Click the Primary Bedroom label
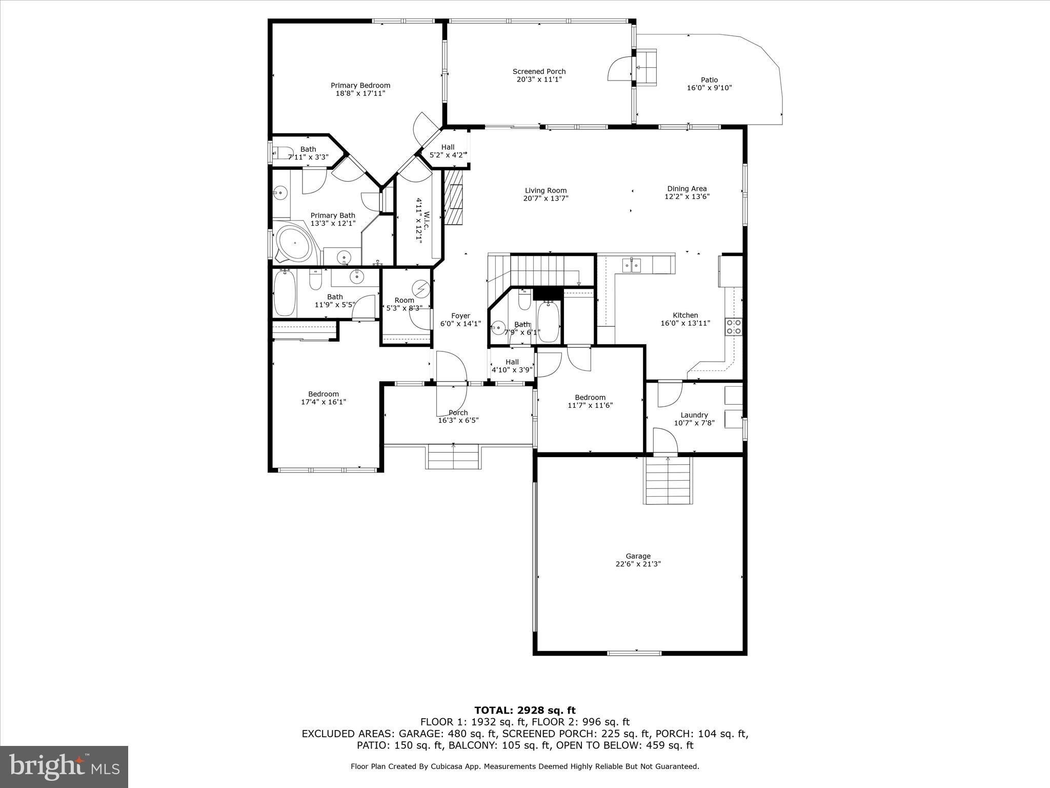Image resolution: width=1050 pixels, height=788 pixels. [x=360, y=86]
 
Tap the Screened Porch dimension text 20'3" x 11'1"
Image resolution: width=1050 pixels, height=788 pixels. [x=539, y=80]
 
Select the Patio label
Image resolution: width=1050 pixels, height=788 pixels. [x=709, y=80]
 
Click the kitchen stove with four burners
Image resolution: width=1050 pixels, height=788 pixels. [x=733, y=327]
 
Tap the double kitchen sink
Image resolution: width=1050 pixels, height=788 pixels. [x=632, y=265]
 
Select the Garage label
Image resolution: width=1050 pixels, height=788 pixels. [x=638, y=556]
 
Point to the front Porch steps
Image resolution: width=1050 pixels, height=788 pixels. [x=453, y=457]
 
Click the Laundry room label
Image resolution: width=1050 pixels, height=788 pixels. [x=694, y=415]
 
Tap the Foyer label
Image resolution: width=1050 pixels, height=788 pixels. [x=460, y=316]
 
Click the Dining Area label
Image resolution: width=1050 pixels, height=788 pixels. [x=686, y=189]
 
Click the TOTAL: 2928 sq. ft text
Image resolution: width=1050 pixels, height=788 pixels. [x=524, y=711]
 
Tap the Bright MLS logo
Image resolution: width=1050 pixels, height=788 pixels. [x=64, y=766]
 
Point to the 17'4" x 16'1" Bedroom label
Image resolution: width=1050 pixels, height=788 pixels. [x=323, y=394]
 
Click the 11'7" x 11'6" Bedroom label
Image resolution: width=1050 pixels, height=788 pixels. [x=590, y=397]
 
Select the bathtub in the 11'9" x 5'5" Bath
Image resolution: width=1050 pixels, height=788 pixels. [x=284, y=293]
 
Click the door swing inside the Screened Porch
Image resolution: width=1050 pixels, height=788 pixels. [x=619, y=69]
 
